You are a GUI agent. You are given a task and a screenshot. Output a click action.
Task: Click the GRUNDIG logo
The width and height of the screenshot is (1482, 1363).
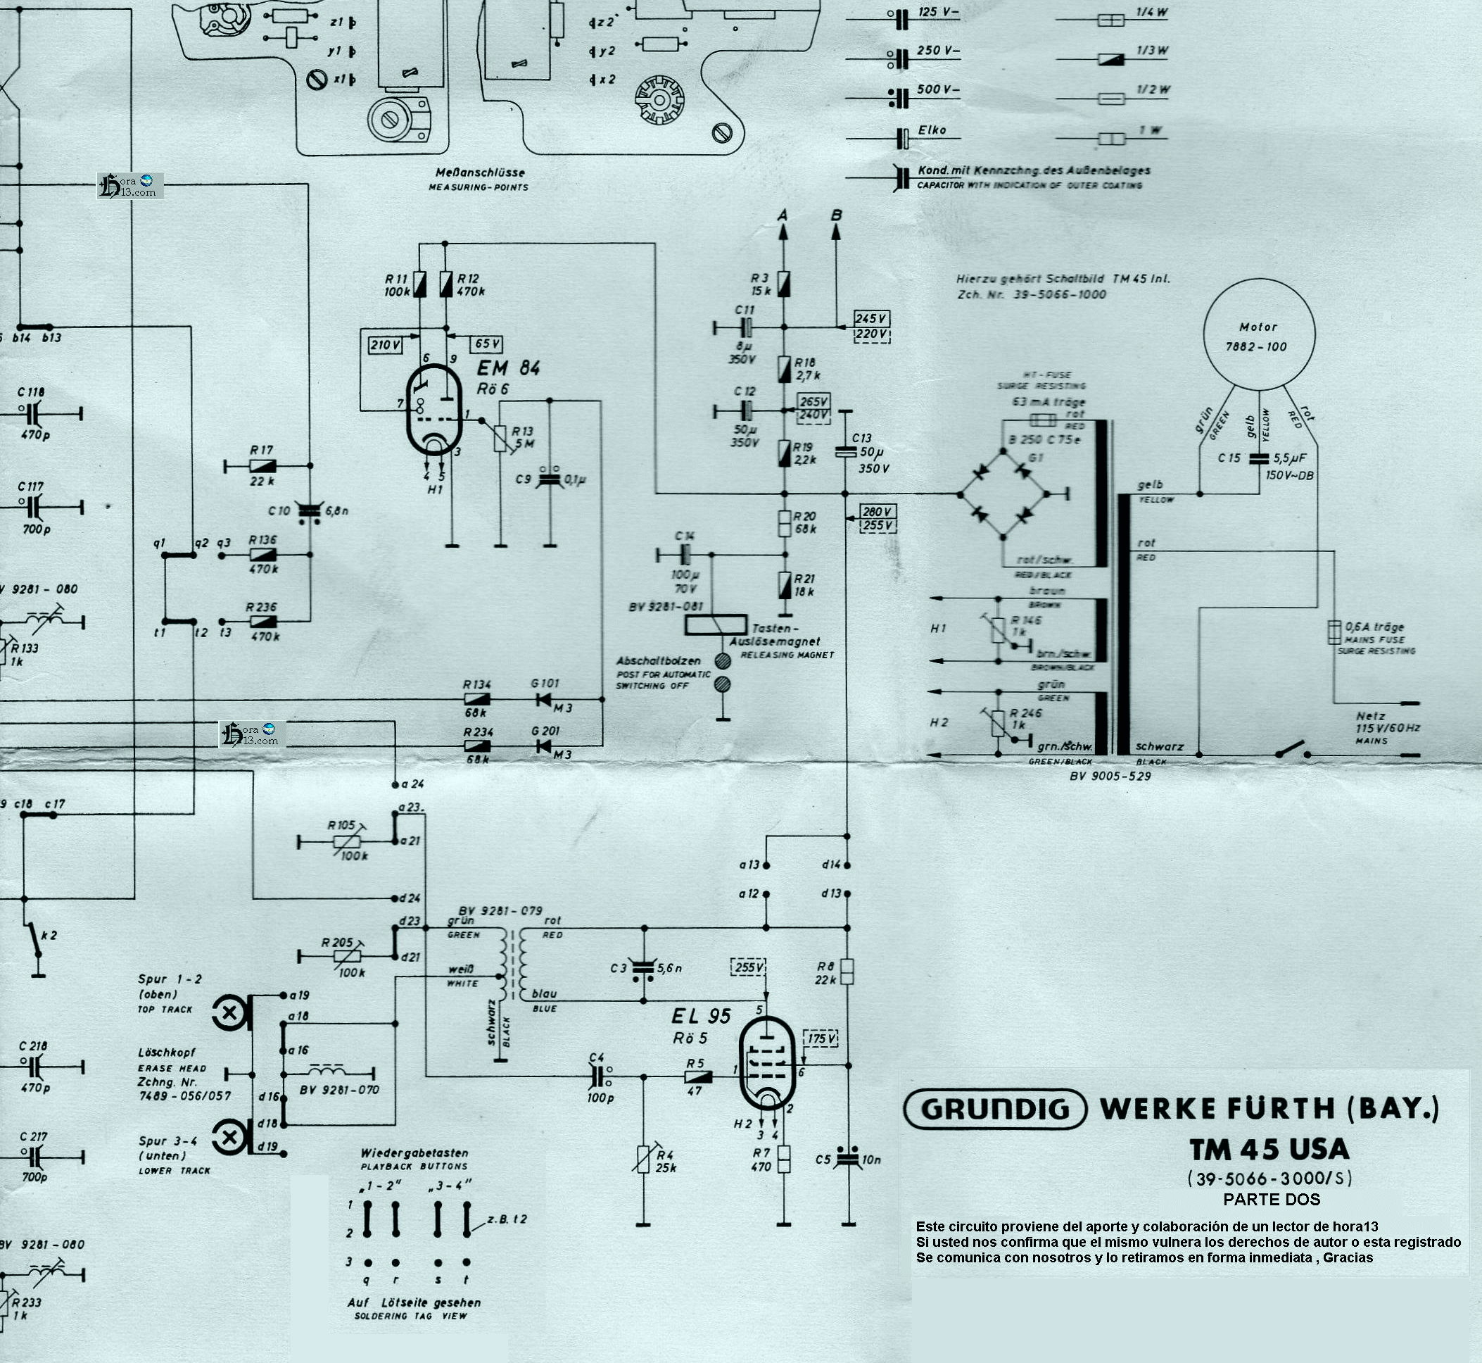coord(994,1110)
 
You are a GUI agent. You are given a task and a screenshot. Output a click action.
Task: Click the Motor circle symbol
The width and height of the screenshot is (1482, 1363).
coord(1259,334)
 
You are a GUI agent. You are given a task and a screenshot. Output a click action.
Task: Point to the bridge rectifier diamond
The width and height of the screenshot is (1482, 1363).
coord(1002,493)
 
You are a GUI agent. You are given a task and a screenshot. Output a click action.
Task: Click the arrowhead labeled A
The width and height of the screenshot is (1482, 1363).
coord(783,231)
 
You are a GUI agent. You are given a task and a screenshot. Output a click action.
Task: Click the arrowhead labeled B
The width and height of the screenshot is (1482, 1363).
coord(836,231)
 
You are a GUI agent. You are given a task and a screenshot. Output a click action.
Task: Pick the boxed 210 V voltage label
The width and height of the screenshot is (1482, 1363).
coord(385,344)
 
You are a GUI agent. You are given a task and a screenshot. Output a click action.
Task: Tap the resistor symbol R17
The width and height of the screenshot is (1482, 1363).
coord(262,465)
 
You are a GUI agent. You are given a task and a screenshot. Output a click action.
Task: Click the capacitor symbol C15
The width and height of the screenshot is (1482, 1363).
coord(1260,459)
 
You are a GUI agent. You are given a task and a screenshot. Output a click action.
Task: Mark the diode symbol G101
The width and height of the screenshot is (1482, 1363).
coord(544,698)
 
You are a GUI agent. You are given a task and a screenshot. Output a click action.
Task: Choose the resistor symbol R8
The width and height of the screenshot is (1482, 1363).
coord(847,972)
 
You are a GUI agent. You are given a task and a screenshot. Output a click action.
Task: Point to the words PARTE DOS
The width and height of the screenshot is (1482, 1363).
coord(1271,1199)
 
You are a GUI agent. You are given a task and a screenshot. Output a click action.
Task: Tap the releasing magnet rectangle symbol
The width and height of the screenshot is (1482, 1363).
coord(714,624)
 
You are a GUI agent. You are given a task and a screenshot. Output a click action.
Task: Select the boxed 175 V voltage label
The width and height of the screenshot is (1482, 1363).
coord(821,1038)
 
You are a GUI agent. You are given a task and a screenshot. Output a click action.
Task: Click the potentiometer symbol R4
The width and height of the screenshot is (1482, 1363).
coord(643,1157)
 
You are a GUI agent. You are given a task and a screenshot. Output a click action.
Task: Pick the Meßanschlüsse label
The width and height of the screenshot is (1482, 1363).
coord(479,172)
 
